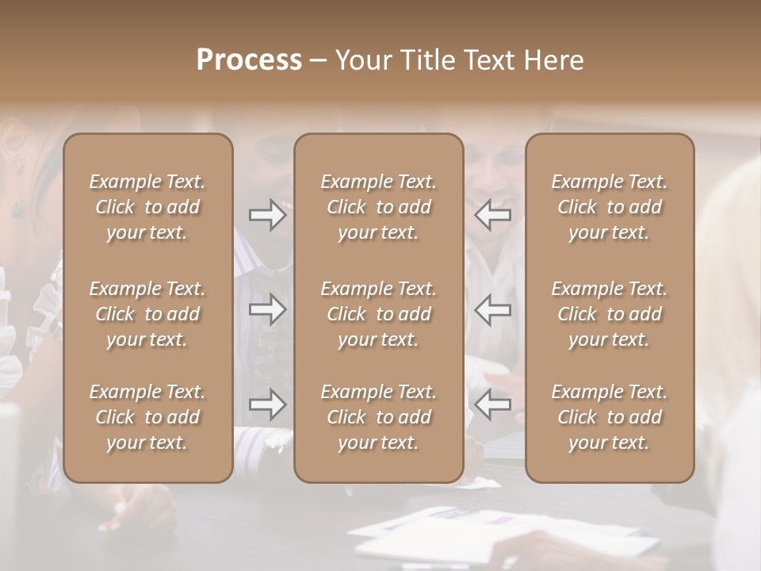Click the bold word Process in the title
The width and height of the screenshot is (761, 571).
pyautogui.click(x=249, y=60)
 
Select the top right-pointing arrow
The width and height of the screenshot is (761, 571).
pyautogui.click(x=267, y=215)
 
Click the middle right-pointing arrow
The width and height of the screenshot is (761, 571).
pyautogui.click(x=267, y=309)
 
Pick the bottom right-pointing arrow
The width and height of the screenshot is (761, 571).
pyautogui.click(x=267, y=404)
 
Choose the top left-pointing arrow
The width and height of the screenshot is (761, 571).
pyautogui.click(x=493, y=215)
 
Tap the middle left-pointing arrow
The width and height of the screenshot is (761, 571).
pyautogui.click(x=493, y=309)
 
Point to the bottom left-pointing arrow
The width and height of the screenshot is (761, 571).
pyautogui.click(x=493, y=404)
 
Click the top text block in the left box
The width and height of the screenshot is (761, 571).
pyautogui.click(x=147, y=207)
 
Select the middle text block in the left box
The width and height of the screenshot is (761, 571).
pyautogui.click(x=147, y=314)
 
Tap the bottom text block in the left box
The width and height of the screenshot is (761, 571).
pyautogui.click(x=147, y=417)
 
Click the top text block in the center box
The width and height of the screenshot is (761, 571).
pyautogui.click(x=378, y=207)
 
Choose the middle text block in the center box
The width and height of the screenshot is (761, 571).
pyautogui.click(x=378, y=314)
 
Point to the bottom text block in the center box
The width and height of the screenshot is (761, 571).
pyautogui.click(x=378, y=417)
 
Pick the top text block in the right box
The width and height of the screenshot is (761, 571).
pyautogui.click(x=610, y=207)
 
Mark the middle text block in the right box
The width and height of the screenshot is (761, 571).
pyautogui.click(x=610, y=314)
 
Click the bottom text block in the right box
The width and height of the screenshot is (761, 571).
pyautogui.click(x=610, y=417)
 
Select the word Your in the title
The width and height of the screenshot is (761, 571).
pyautogui.click(x=362, y=60)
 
